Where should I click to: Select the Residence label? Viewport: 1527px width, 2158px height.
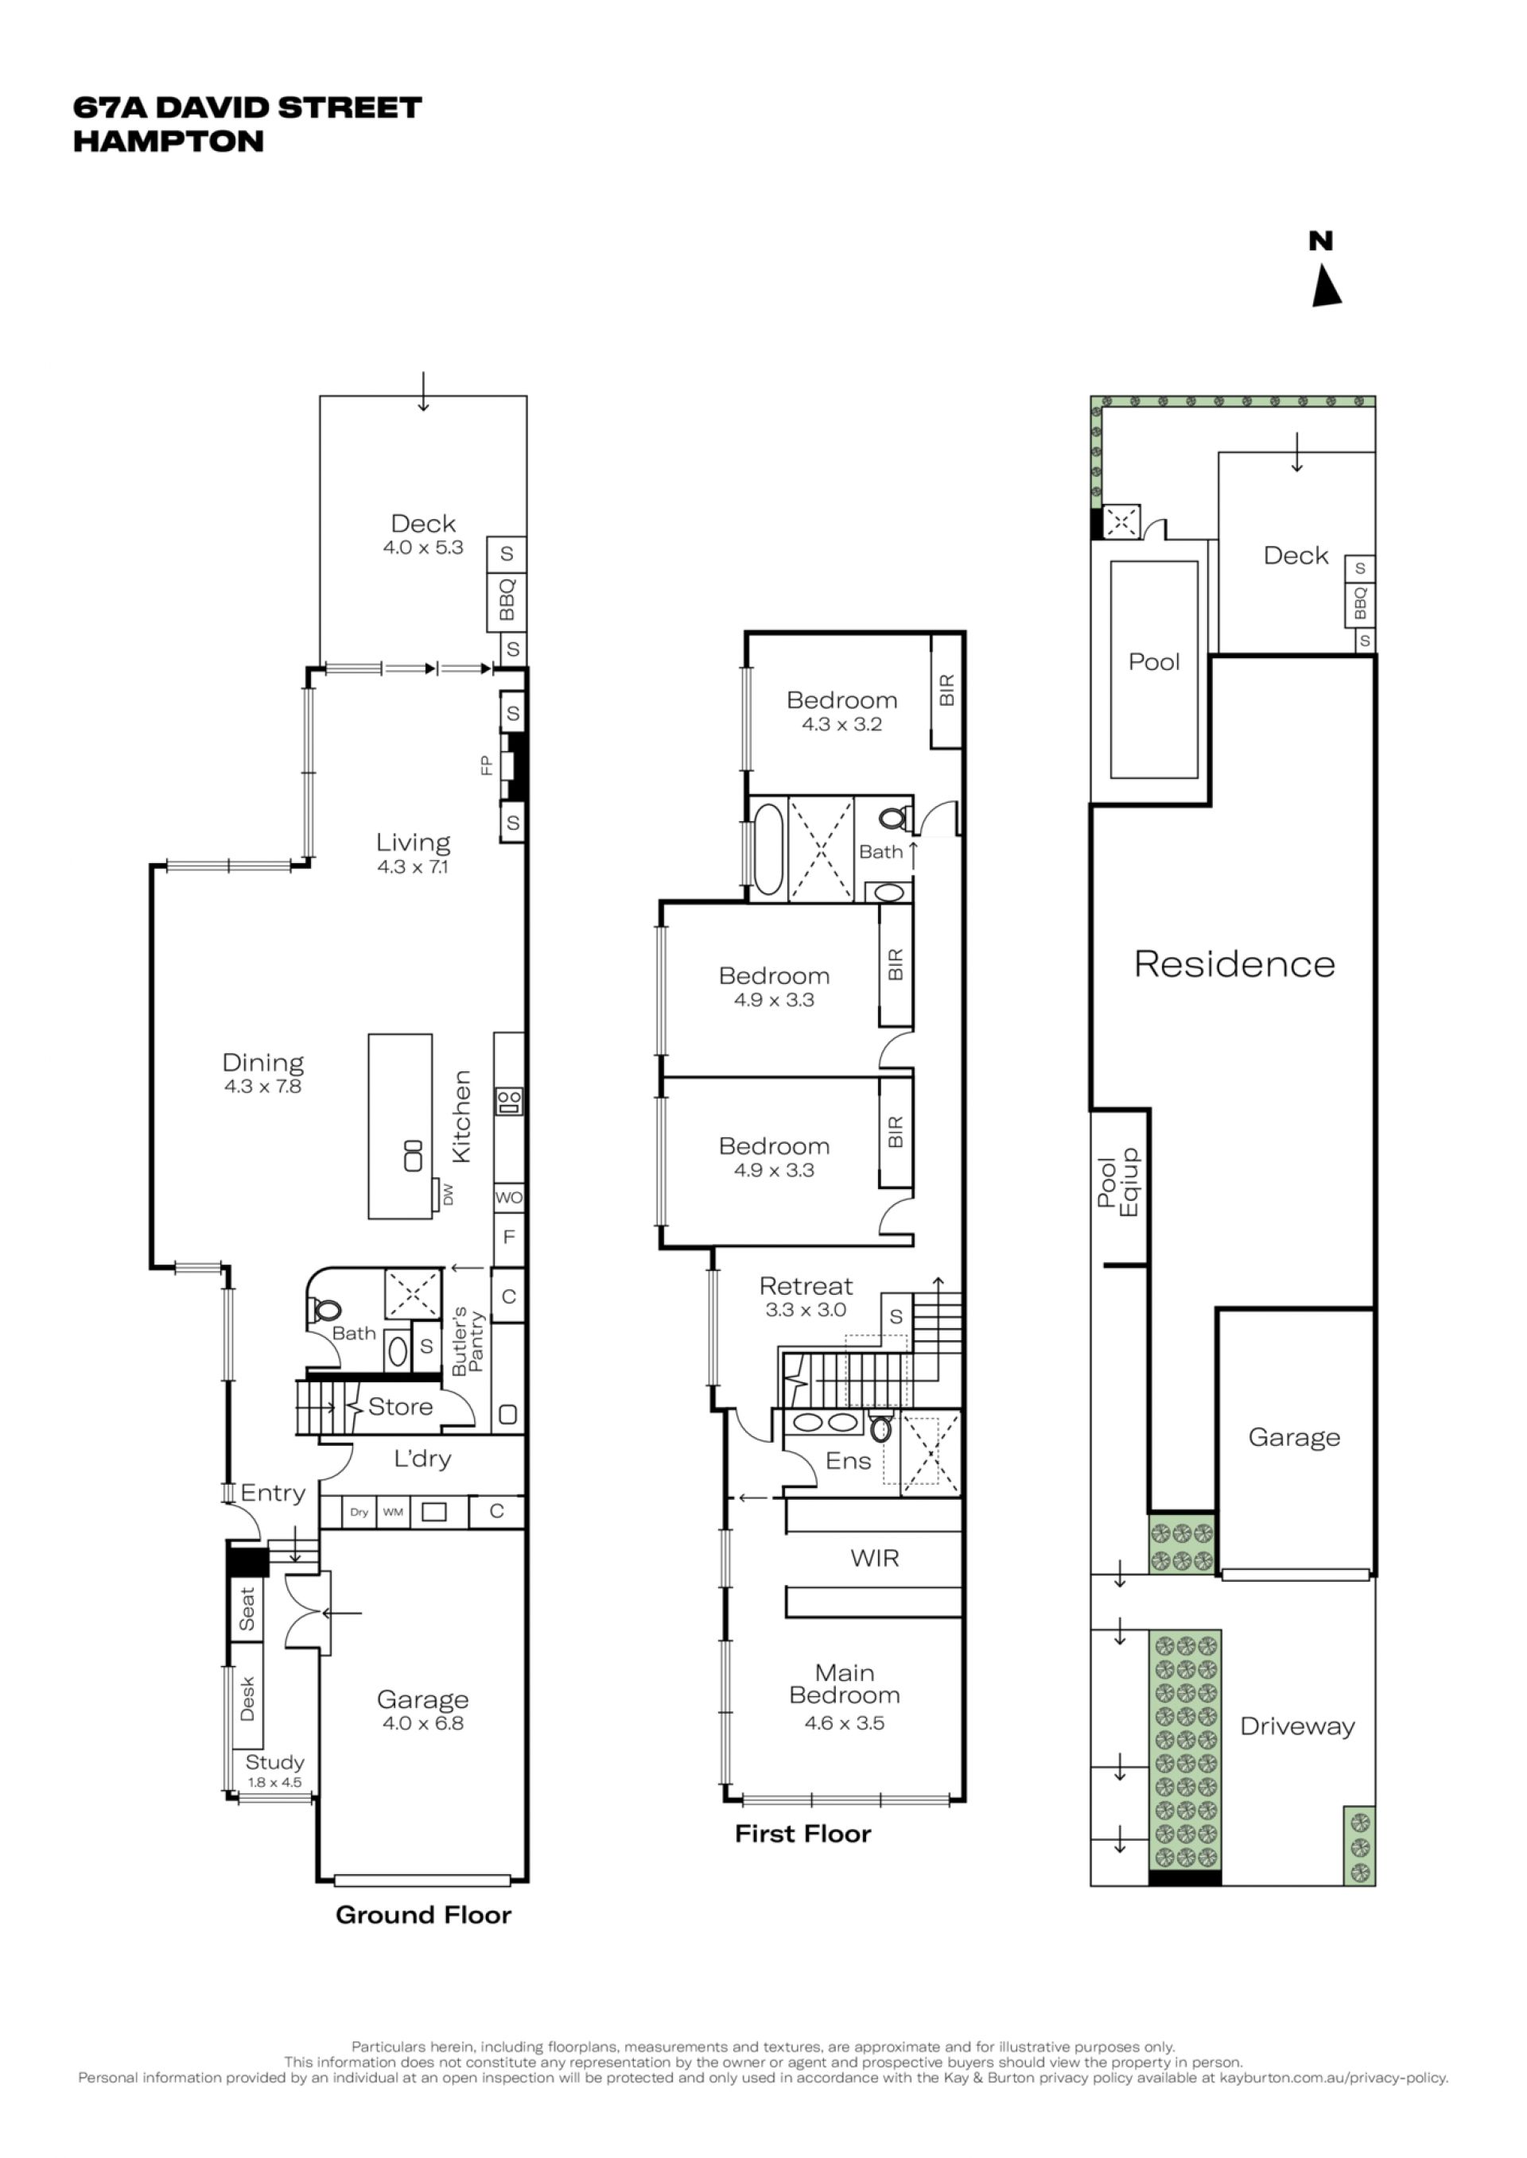click(x=1234, y=964)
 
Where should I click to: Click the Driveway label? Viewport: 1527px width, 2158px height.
click(x=1298, y=1726)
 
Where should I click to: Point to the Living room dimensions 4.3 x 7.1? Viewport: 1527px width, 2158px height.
click(x=413, y=866)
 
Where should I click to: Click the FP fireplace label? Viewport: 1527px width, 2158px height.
click(x=486, y=766)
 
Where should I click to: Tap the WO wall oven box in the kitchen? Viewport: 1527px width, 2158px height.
click(x=509, y=1197)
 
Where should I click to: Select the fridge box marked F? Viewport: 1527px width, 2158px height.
click(x=509, y=1237)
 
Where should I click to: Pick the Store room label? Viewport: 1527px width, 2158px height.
click(x=401, y=1407)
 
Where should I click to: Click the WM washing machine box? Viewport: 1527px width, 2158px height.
click(x=393, y=1513)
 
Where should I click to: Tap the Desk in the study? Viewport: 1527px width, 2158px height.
click(x=247, y=1699)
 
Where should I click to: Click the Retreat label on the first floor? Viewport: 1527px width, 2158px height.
click(x=806, y=1286)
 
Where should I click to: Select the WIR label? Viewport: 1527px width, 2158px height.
click(x=875, y=1559)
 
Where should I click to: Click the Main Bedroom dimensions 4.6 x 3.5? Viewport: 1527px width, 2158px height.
click(x=845, y=1723)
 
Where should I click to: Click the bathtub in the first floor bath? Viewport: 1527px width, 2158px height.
click(x=768, y=849)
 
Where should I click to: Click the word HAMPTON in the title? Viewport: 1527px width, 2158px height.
click(x=169, y=142)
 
